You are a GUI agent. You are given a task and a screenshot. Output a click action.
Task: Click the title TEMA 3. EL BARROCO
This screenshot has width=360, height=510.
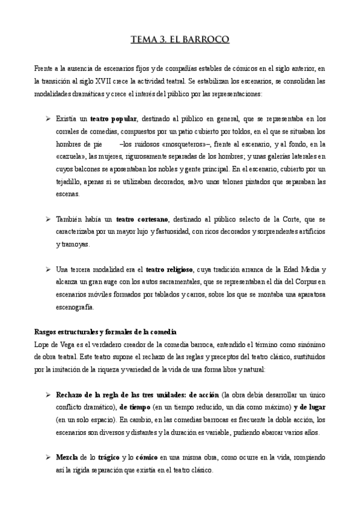coord(180,40)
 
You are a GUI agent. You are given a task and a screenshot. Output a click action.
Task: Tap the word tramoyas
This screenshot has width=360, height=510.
coord(74,245)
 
